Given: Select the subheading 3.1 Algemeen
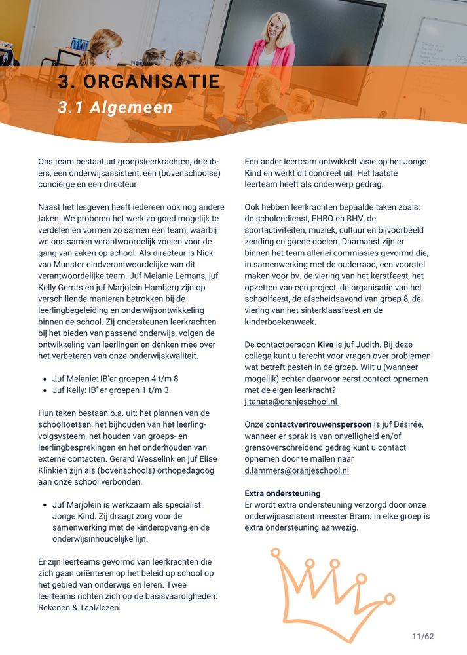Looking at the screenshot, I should point(115,107).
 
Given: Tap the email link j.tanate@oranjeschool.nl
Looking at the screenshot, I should point(291,402).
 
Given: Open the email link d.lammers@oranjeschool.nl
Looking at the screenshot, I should point(297,470).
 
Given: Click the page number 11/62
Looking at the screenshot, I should point(423,636).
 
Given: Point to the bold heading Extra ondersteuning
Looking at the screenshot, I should point(282,493).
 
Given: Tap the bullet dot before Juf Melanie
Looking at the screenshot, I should point(44,379).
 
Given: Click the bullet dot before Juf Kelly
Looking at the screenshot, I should point(44,390).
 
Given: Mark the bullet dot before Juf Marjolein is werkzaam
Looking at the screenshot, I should point(44,505).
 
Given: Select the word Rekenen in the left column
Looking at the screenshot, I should point(54,608).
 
